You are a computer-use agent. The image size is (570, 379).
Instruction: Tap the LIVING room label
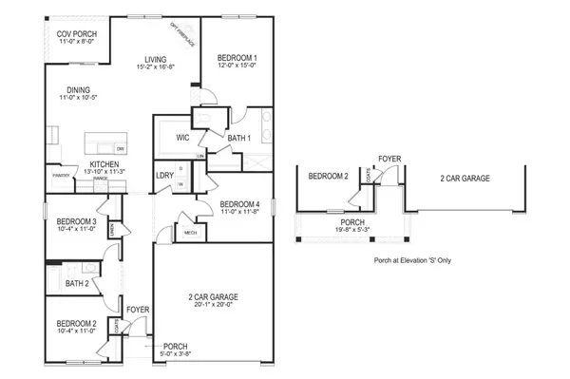(156, 57)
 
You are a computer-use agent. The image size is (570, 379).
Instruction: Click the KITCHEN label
(104, 164)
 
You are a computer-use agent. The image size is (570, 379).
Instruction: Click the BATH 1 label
(238, 139)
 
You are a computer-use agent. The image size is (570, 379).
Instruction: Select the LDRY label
(163, 176)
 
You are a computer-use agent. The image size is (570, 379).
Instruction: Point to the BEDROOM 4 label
(239, 204)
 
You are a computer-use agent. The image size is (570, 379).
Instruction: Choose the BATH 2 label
(78, 283)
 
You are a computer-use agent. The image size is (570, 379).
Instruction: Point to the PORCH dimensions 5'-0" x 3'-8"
(176, 354)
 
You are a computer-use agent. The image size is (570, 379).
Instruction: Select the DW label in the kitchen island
(120, 149)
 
